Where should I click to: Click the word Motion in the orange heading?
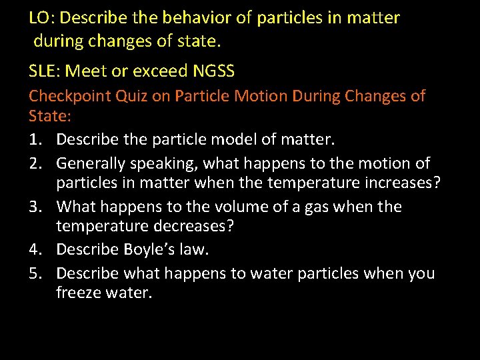pos(262,96)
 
